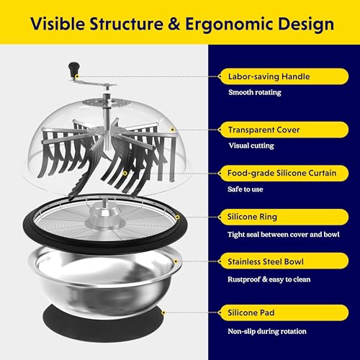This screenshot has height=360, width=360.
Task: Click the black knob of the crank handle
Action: pyautogui.click(x=73, y=68)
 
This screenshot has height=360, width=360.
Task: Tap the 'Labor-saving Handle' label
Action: pyautogui.click(x=269, y=76)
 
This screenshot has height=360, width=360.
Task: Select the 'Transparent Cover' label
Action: pyautogui.click(x=264, y=130)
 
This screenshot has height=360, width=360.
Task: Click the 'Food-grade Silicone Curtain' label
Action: pyautogui.click(x=282, y=173)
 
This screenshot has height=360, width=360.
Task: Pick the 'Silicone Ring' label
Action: pyautogui.click(x=252, y=217)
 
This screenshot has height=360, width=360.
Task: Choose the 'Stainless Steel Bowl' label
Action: pyautogui.click(x=266, y=261)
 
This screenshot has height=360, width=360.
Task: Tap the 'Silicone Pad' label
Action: pyautogui.click(x=251, y=312)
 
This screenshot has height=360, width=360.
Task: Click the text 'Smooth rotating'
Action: pyautogui.click(x=255, y=92)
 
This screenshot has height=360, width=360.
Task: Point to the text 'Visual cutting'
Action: pyautogui.click(x=251, y=145)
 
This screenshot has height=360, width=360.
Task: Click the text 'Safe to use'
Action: pyautogui.click(x=246, y=189)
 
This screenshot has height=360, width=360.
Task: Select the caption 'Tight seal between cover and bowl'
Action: pyautogui.click(x=284, y=235)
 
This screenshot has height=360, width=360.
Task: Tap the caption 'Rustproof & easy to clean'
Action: pyautogui.click(x=269, y=279)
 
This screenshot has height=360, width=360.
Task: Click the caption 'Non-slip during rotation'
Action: pyautogui.click(x=267, y=331)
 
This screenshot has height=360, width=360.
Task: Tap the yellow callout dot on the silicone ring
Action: pyautogui.click(x=177, y=217)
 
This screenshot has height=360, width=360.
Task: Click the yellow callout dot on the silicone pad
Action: pyautogui.click(x=163, y=312)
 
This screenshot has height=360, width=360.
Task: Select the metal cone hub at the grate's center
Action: pyautogui.click(x=104, y=216)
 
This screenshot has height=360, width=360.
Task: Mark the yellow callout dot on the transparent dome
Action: pyautogui.click(x=172, y=130)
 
